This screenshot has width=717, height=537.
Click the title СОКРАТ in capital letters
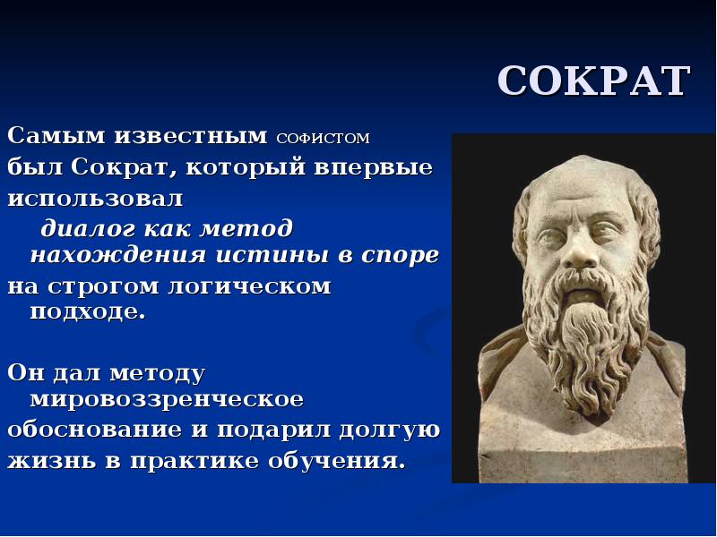[593, 81]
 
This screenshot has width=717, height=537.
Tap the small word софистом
[324, 138]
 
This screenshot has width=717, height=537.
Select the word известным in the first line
[190, 136]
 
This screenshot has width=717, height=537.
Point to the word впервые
[373, 167]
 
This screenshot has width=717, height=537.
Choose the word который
[245, 167]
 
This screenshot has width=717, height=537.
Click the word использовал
[95, 199]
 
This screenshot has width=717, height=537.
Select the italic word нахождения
[118, 254]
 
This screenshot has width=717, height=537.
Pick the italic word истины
[272, 255]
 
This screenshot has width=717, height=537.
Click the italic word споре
[400, 256]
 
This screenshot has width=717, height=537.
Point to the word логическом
[250, 286]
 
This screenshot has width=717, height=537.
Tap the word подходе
[87, 312]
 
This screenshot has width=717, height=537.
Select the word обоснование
[94, 430]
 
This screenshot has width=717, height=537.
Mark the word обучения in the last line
[337, 460]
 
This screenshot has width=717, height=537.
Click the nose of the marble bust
[577, 255]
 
